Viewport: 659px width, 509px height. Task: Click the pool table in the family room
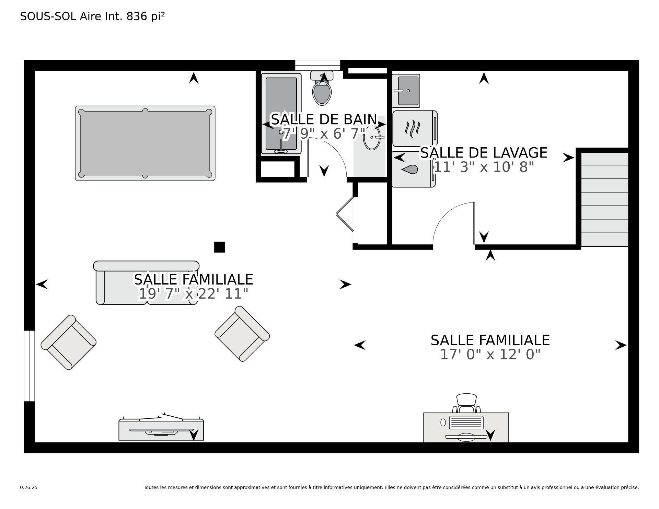click(x=145, y=143)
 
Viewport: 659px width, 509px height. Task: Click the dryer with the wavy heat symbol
click(x=414, y=128)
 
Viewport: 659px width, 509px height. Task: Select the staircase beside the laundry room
click(x=604, y=199)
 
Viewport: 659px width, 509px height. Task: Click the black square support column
click(x=219, y=247)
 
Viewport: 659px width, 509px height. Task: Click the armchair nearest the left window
click(x=68, y=342)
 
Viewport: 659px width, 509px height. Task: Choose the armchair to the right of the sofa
click(x=242, y=334)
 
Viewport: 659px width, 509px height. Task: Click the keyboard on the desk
click(x=466, y=423)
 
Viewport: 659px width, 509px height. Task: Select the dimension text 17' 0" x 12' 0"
click(x=490, y=355)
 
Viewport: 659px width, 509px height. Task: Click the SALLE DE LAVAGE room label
click(x=483, y=153)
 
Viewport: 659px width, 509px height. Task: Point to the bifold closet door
click(x=345, y=213)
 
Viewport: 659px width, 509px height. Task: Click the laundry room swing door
click(x=474, y=223)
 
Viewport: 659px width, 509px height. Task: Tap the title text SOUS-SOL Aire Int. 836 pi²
click(x=92, y=16)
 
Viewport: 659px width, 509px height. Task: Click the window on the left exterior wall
click(x=29, y=366)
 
